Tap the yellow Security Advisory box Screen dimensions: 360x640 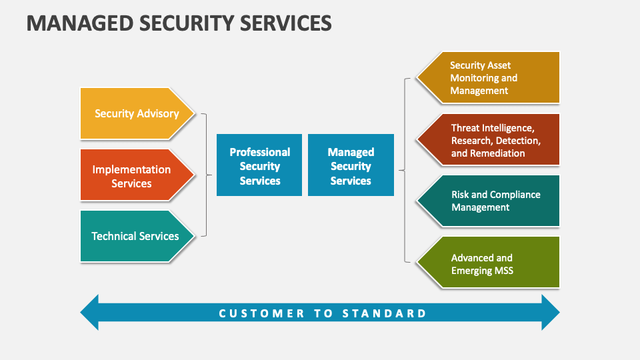coord(137,113)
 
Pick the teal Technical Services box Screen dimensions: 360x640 coord(135,236)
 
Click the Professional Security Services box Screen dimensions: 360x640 coord(259,166)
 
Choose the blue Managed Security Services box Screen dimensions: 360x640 coord(351,166)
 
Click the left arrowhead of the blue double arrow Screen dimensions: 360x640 coord(90,313)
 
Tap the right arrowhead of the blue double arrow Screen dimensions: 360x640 coord(550,313)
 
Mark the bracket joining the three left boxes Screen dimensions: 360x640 coord(205,175)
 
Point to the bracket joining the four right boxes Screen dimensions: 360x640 coord(404,170)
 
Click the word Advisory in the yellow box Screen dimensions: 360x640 coord(158,113)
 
